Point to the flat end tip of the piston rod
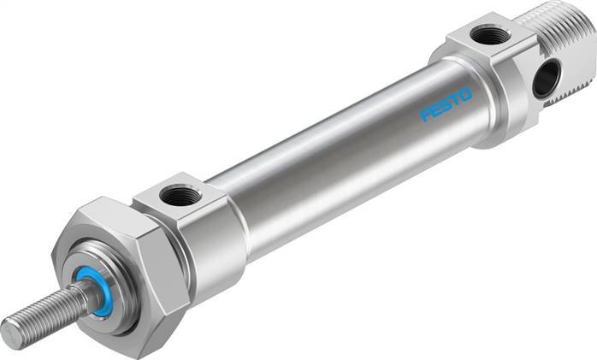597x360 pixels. coord(10,326)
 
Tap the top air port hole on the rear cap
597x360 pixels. coord(490,34)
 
